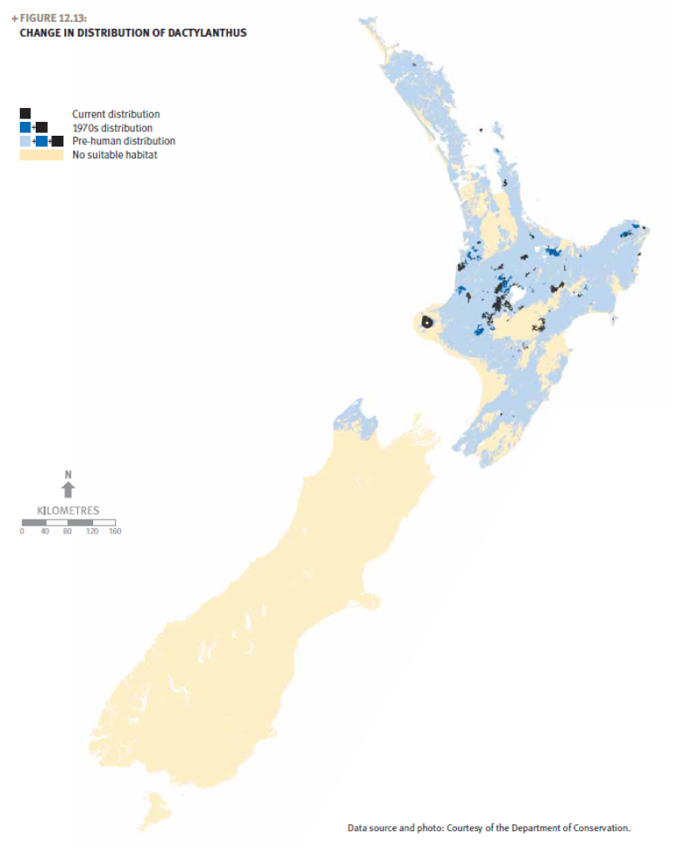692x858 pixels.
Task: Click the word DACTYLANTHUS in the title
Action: click(x=210, y=33)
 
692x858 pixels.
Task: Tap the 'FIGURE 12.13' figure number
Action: click(x=52, y=18)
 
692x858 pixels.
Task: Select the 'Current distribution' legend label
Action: click(x=116, y=114)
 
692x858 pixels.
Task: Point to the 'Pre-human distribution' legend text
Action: click(x=124, y=141)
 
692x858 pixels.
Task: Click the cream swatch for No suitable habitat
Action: click(x=41, y=154)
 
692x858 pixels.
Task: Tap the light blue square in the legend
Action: click(x=25, y=141)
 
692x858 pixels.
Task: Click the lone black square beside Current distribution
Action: click(x=25, y=114)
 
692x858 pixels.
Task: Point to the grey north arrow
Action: click(x=69, y=490)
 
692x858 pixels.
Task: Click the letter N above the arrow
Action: click(x=68, y=474)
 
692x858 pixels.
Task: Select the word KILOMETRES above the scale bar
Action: click(x=69, y=510)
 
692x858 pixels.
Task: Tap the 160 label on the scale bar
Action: click(x=114, y=531)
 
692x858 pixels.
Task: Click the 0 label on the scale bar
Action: click(x=23, y=531)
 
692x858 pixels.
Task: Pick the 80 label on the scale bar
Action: click(x=68, y=531)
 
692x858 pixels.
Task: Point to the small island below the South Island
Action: click(x=154, y=807)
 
